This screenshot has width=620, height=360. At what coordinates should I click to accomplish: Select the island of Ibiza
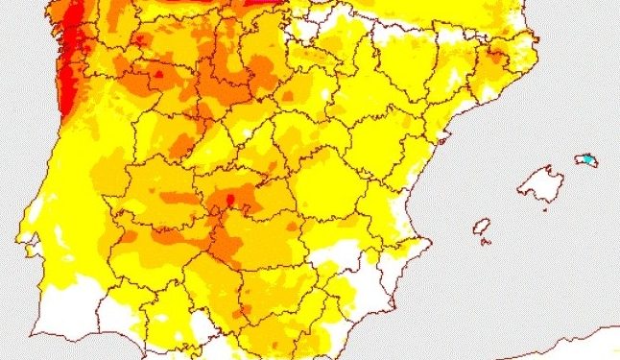[x=482, y=227]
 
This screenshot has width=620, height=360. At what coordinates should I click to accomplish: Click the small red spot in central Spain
[x=229, y=201]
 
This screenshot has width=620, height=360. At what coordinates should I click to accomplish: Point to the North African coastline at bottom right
[x=576, y=338]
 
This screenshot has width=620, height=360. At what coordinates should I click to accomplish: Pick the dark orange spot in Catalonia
[x=495, y=60]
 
